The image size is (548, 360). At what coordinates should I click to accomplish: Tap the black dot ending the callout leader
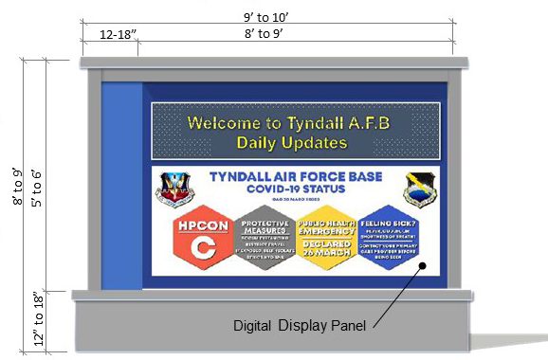point(424,268)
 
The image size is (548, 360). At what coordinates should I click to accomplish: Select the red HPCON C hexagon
point(201,238)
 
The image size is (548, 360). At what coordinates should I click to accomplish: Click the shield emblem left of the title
point(175,189)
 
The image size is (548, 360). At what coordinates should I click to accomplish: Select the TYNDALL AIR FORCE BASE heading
point(297,177)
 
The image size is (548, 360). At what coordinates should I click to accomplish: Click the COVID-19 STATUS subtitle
point(297,189)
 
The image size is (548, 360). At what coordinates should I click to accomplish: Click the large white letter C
point(199,248)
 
